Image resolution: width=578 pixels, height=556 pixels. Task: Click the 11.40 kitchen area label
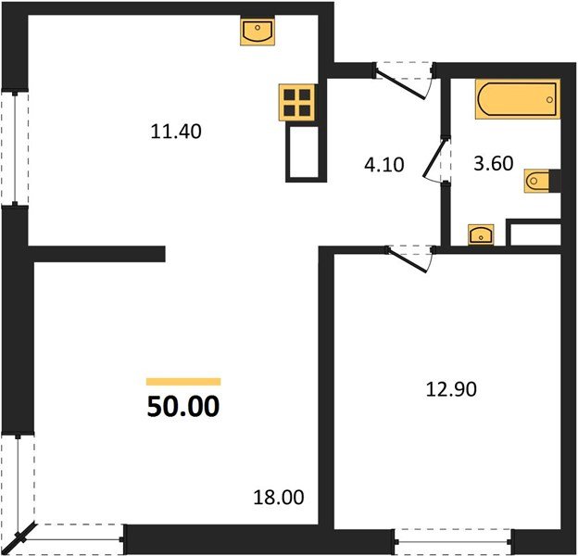click(x=176, y=132)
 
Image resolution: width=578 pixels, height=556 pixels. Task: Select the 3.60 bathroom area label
click(x=493, y=164)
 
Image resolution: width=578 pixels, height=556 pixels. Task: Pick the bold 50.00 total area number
click(x=183, y=406)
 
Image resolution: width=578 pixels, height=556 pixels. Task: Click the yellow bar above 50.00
click(x=183, y=381)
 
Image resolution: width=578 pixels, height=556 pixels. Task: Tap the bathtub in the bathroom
click(x=518, y=99)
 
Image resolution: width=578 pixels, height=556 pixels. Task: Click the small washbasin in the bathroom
click(x=481, y=234)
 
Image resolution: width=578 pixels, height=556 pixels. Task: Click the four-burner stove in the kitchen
click(x=298, y=102)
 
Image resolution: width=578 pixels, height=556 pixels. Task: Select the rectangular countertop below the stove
click(x=304, y=153)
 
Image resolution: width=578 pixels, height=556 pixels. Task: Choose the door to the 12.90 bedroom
click(x=409, y=257)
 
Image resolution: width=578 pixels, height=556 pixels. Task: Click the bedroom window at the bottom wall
click(x=453, y=538)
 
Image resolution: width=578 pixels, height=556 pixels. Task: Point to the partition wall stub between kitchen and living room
click(x=97, y=253)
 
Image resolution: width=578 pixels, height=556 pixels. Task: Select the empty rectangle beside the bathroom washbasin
click(x=534, y=234)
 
